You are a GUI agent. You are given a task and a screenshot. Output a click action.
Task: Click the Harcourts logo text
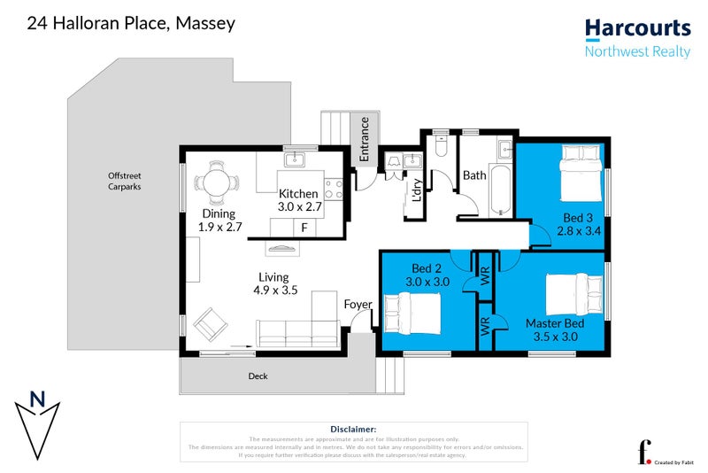click(637, 29)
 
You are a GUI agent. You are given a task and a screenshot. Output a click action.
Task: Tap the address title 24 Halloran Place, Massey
click(132, 23)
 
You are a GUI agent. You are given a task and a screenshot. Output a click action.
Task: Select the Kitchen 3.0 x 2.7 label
click(300, 199)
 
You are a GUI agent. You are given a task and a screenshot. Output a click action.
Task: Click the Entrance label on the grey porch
click(364, 141)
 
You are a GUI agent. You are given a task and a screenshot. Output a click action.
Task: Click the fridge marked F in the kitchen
click(304, 228)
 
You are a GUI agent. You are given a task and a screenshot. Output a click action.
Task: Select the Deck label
click(258, 376)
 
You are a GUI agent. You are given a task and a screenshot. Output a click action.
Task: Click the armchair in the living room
click(212, 324)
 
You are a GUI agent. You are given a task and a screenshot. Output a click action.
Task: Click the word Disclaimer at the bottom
click(353, 428)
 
